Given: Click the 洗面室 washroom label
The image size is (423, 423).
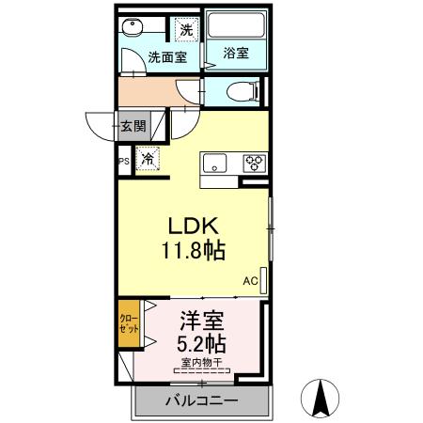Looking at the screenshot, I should (165, 57).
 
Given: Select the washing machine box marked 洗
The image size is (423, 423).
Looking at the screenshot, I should (186, 30).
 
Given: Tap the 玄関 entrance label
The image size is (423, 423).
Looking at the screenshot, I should (133, 125).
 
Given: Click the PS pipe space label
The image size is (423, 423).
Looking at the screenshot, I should (123, 162).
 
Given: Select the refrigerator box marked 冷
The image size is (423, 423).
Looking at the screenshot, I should (148, 160).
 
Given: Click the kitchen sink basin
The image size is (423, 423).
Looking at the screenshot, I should (215, 162).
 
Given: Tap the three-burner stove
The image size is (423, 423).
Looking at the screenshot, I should (253, 162).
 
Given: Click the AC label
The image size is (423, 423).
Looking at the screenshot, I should (250, 280).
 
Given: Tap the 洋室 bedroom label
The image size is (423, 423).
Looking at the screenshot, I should (202, 320).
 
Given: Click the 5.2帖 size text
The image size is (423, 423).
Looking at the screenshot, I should (202, 341).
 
